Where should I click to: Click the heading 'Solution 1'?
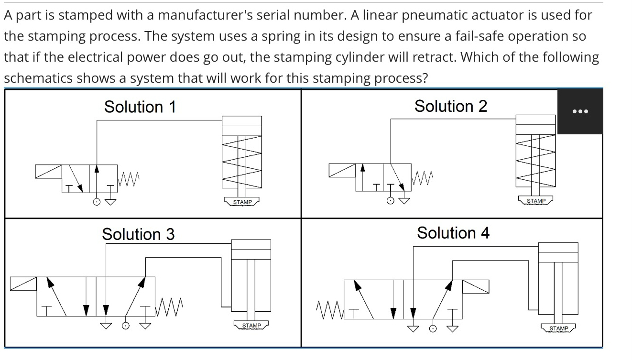[140, 107]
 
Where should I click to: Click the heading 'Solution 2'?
[450, 106]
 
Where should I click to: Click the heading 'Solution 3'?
[138, 234]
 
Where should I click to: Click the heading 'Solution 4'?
[453, 233]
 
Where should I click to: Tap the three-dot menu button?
[580, 111]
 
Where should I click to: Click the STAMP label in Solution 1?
[242, 202]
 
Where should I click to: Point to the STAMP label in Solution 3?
[251, 326]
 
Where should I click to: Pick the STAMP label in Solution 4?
[558, 328]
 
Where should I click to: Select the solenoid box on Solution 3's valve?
[23, 284]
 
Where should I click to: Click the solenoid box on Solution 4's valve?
[476, 286]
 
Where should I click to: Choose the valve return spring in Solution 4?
[329, 306]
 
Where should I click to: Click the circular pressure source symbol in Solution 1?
[97, 202]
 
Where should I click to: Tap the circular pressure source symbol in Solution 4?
[433, 328]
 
